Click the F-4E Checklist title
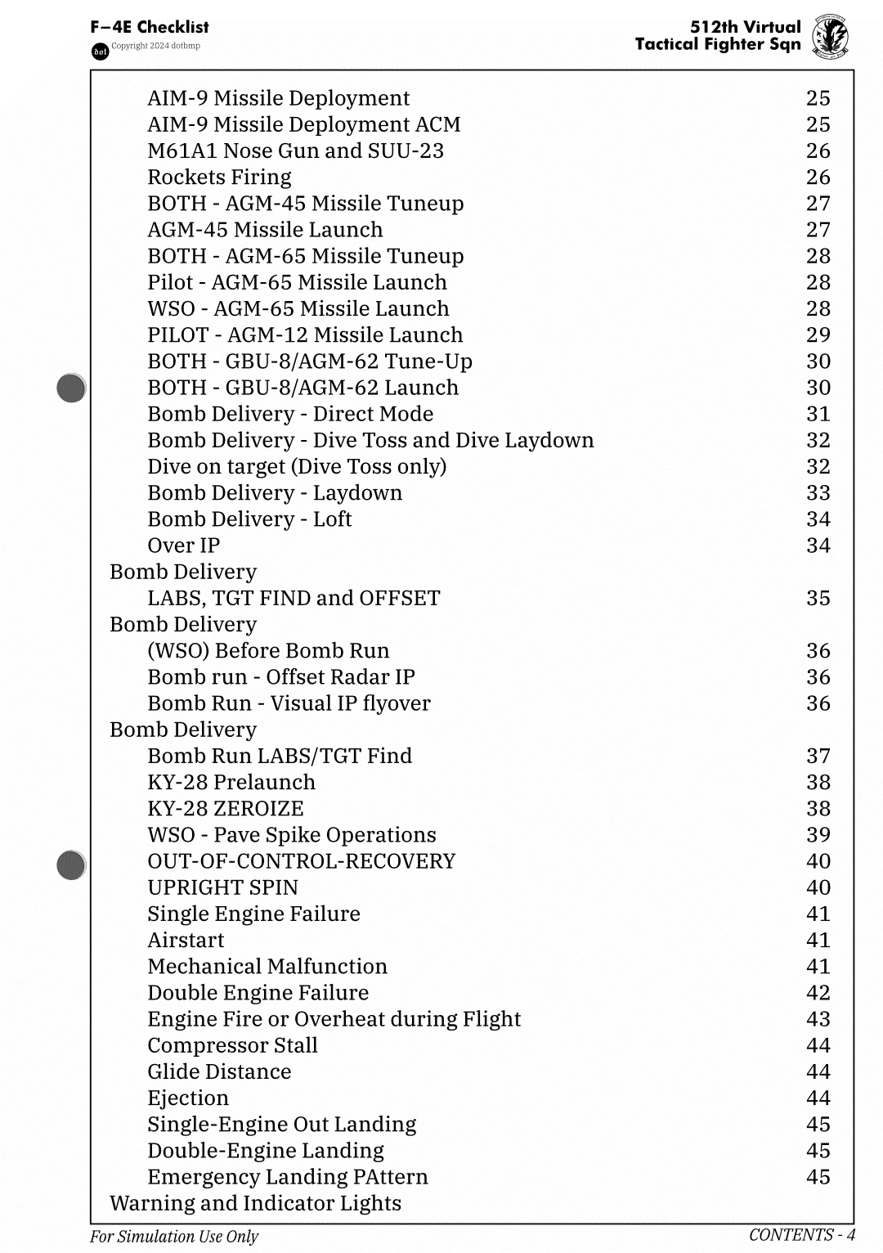(150, 27)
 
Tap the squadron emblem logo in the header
(830, 38)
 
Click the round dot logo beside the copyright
(100, 52)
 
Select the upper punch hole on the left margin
(72, 388)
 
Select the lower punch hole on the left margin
(72, 865)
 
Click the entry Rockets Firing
(219, 177)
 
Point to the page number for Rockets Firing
(818, 177)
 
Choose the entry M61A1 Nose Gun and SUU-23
(295, 151)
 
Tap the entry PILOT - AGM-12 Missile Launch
(305, 335)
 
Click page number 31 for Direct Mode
(818, 414)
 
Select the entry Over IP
(183, 546)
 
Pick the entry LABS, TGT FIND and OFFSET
(294, 599)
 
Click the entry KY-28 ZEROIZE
(225, 809)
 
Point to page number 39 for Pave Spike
(818, 835)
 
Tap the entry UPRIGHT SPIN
(222, 887)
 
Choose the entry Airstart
(186, 941)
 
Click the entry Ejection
(188, 1098)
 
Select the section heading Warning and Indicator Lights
(255, 1203)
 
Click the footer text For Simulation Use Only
(173, 1237)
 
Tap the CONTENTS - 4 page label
(801, 1235)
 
